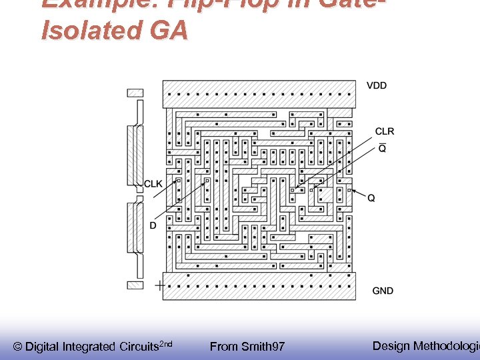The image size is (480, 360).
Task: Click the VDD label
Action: click(377, 85)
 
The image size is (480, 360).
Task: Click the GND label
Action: click(383, 291)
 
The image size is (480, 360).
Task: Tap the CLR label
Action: click(385, 131)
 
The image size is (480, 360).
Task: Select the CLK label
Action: click(153, 184)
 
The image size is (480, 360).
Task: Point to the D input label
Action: click(153, 226)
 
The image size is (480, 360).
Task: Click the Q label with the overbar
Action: click(382, 148)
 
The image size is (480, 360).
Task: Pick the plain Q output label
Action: click(371, 198)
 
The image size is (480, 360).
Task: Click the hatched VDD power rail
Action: click(260, 94)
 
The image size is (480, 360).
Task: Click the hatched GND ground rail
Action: click(260, 285)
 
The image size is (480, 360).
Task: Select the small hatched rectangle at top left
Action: click(135, 93)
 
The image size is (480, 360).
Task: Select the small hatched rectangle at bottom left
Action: click(135, 285)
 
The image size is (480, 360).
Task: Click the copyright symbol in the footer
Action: click(18, 347)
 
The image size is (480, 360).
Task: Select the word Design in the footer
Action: click(391, 345)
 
